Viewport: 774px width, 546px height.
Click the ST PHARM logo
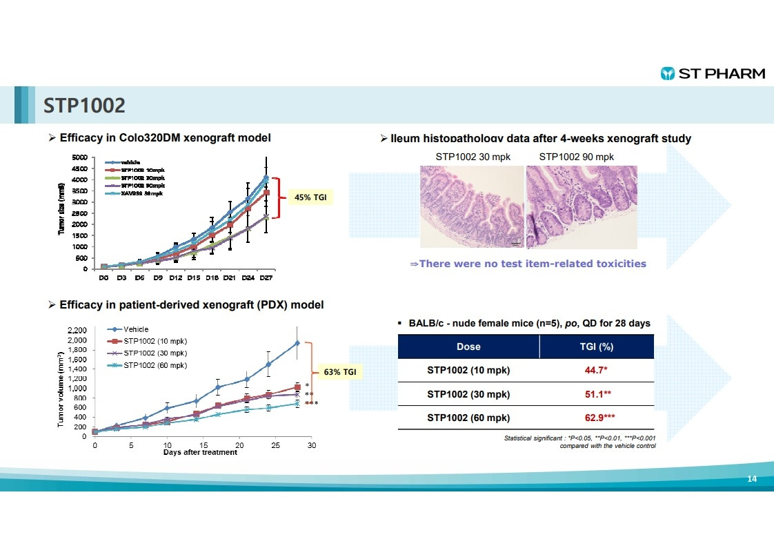(713, 74)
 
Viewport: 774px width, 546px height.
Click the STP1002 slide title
(85, 106)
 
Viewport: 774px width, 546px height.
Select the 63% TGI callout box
(340, 373)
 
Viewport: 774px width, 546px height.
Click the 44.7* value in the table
(596, 371)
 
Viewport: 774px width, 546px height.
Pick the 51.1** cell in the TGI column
(596, 394)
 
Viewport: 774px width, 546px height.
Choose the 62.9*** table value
(596, 418)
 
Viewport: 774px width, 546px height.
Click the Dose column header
(468, 347)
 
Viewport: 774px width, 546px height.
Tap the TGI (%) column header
(596, 347)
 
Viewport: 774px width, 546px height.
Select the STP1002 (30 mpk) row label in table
(468, 394)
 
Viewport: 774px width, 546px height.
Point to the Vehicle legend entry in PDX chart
(136, 329)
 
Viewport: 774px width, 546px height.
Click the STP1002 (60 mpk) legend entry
(155, 365)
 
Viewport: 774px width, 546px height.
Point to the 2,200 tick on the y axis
(77, 331)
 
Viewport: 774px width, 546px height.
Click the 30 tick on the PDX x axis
(312, 445)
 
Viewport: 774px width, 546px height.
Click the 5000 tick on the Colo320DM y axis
(80, 158)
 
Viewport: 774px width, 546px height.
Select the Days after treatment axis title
(200, 453)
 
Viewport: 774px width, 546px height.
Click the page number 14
(752, 479)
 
